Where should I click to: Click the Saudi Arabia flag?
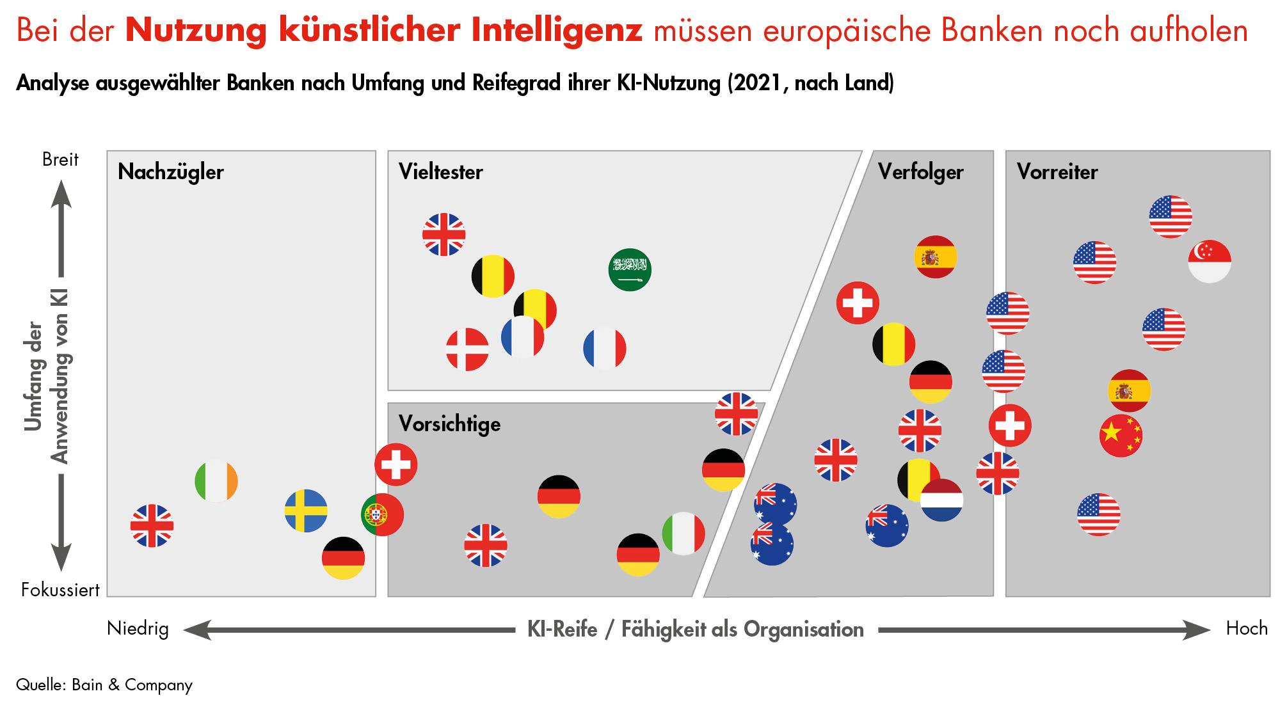pos(630,269)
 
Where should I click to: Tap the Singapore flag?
pos(1209,261)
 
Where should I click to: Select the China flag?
pos(1121,436)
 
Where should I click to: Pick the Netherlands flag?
pos(942,500)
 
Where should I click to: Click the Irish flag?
pos(216,481)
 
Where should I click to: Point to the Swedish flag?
pos(306,511)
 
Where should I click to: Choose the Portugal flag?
pos(382,514)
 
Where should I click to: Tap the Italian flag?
pos(683,534)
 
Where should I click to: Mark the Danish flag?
pos(467,349)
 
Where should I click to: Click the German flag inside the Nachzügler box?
pos(343,558)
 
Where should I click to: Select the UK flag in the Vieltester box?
pos(444,234)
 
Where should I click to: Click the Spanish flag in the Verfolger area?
pos(935,257)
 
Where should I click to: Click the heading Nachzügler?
pos(171,172)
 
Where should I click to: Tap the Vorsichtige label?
pos(449,424)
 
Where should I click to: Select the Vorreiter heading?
pos(1057,172)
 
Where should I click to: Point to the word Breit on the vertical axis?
pos(60,159)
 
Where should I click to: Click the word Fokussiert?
pos(60,589)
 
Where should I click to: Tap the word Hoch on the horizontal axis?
pos(1246,628)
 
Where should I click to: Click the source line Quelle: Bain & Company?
pos(104,685)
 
